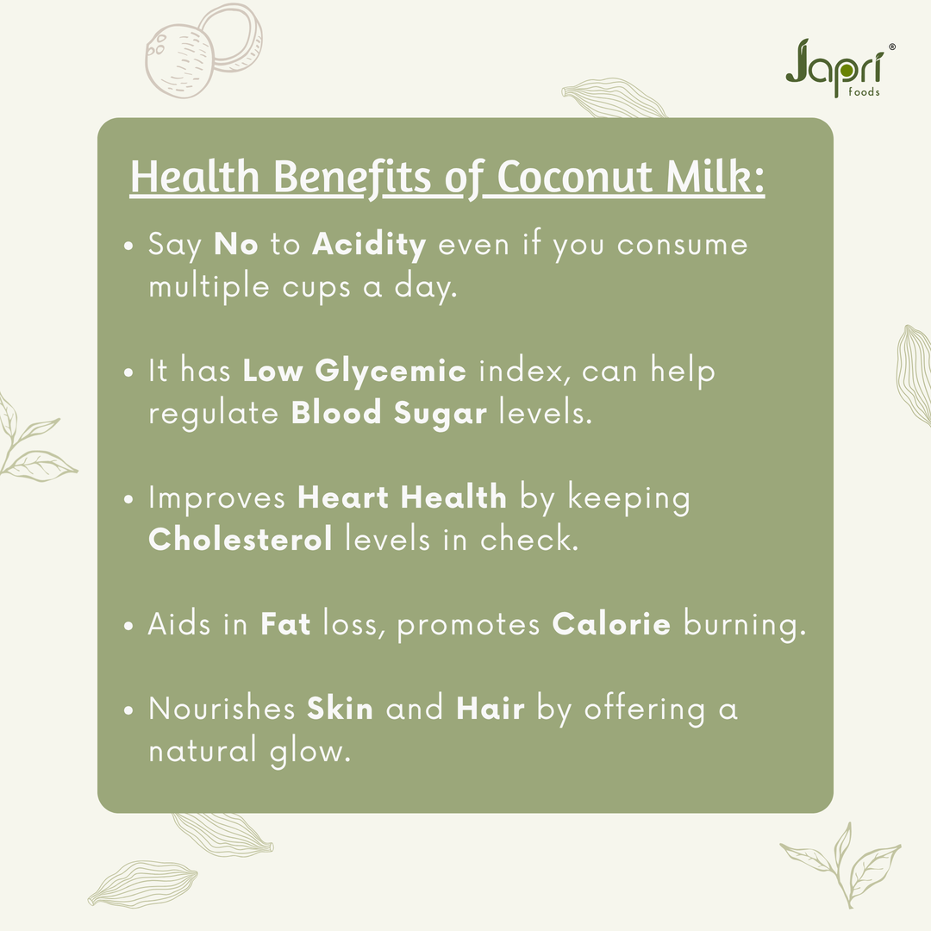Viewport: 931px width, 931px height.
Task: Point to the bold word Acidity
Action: click(369, 246)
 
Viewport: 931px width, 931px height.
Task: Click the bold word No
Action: click(236, 246)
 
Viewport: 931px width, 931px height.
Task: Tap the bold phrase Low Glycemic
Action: click(354, 372)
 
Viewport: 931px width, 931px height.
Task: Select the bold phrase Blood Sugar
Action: click(390, 413)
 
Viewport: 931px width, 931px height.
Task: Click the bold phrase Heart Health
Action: click(402, 497)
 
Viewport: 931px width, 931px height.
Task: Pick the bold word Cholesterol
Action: click(241, 540)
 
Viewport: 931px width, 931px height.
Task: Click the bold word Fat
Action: click(285, 624)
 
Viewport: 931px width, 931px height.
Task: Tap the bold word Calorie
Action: click(611, 624)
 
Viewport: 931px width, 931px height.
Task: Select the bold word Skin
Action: click(341, 709)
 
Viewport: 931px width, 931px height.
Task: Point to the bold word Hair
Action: click(490, 709)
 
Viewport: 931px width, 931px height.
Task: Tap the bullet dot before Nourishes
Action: click(128, 711)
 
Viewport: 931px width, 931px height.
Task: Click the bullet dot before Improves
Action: click(128, 500)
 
